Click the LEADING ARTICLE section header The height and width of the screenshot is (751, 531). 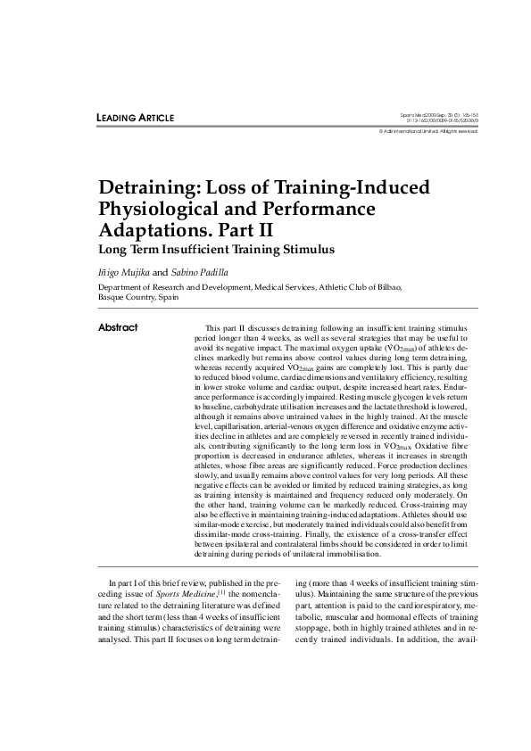tap(135, 119)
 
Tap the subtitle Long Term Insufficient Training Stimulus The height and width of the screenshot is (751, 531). tap(215, 250)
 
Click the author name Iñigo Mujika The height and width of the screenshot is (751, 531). tap(124, 271)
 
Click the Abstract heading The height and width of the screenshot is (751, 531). tap(118, 327)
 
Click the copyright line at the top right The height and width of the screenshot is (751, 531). tap(428, 132)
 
